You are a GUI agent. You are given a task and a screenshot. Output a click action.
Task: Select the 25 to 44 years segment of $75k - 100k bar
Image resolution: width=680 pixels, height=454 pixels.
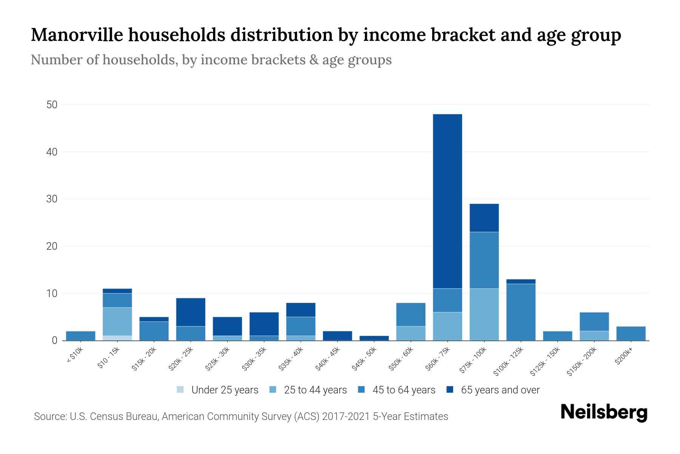tap(484, 314)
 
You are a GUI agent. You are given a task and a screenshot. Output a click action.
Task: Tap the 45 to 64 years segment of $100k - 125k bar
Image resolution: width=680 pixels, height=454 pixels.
tap(521, 312)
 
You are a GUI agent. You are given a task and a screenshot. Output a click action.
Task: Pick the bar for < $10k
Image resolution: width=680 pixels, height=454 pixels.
tap(80, 336)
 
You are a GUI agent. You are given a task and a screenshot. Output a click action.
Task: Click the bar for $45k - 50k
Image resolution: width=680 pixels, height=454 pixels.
tap(374, 338)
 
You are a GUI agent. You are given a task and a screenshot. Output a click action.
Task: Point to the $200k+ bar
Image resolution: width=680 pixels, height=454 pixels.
tap(631, 333)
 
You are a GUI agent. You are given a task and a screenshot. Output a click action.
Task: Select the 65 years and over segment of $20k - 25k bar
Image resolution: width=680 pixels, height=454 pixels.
tap(191, 312)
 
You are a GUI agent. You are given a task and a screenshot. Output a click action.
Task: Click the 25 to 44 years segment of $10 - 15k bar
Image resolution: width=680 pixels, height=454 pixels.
tap(117, 322)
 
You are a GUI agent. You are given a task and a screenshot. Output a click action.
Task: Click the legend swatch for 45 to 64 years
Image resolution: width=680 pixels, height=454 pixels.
tap(362, 390)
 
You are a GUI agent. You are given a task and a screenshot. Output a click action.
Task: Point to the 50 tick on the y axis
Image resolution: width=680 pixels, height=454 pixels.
tap(52, 105)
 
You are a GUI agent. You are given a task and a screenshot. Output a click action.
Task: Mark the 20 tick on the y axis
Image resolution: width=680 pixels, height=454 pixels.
tap(52, 246)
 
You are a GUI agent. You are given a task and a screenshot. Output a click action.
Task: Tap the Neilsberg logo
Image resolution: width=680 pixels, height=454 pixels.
tap(604, 413)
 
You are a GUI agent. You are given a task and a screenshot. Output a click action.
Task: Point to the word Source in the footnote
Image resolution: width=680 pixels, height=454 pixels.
tap(49, 417)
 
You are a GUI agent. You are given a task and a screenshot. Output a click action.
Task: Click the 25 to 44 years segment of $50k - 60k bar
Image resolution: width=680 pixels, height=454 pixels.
tap(411, 333)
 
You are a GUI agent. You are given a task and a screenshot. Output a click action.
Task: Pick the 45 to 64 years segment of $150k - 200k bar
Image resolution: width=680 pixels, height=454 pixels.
tap(594, 322)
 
